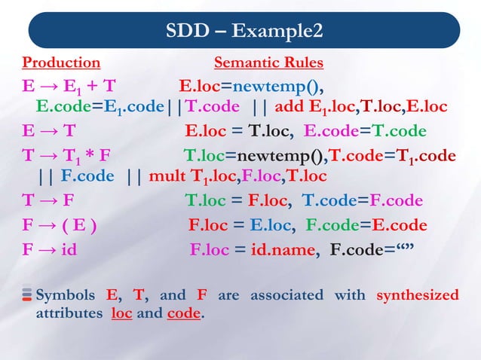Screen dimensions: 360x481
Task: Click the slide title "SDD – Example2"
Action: pos(245,32)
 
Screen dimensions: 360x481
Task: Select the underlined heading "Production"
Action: pos(61,62)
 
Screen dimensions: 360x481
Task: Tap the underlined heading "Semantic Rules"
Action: pos(268,62)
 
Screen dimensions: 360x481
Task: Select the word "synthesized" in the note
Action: pos(417,294)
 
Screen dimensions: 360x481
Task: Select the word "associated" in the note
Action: pos(282,294)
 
